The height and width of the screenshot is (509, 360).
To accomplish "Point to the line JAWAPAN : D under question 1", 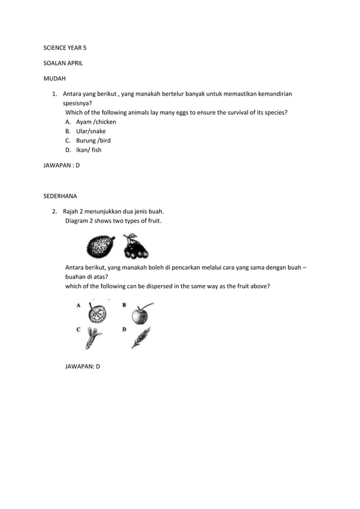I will coord(62,166).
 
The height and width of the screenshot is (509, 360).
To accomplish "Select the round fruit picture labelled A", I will coord(97,313).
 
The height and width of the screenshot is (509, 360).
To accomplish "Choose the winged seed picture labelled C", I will coord(94,339).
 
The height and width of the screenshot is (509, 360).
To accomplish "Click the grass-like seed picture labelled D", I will coord(140,337).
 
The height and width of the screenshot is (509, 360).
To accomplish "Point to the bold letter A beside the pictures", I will coord(78,305).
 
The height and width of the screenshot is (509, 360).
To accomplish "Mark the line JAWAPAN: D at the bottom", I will coord(82,366).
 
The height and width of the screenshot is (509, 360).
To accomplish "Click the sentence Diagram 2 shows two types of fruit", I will coord(113,221).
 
